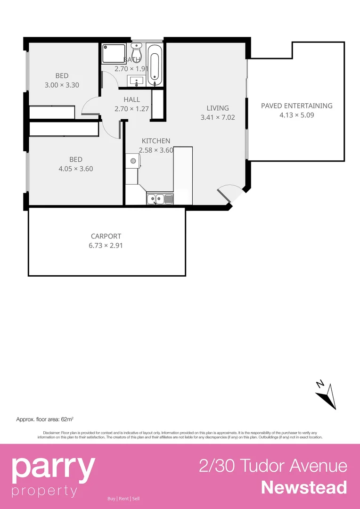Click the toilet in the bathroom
click(x=136, y=50)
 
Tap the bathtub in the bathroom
click(x=155, y=65)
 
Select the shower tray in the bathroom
click(x=114, y=54)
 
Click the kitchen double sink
click(x=160, y=199)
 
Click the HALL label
click(x=132, y=99)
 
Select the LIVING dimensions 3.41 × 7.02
click(x=218, y=117)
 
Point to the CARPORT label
click(x=106, y=236)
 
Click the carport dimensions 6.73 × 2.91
click(x=106, y=245)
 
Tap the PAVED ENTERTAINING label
click(x=296, y=106)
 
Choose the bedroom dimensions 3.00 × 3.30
click(x=62, y=85)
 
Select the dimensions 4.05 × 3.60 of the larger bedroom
click(x=75, y=168)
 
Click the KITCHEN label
click(x=156, y=141)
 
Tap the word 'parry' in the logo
click(x=53, y=468)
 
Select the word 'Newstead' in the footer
click(x=304, y=487)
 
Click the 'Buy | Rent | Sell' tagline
click(x=123, y=499)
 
